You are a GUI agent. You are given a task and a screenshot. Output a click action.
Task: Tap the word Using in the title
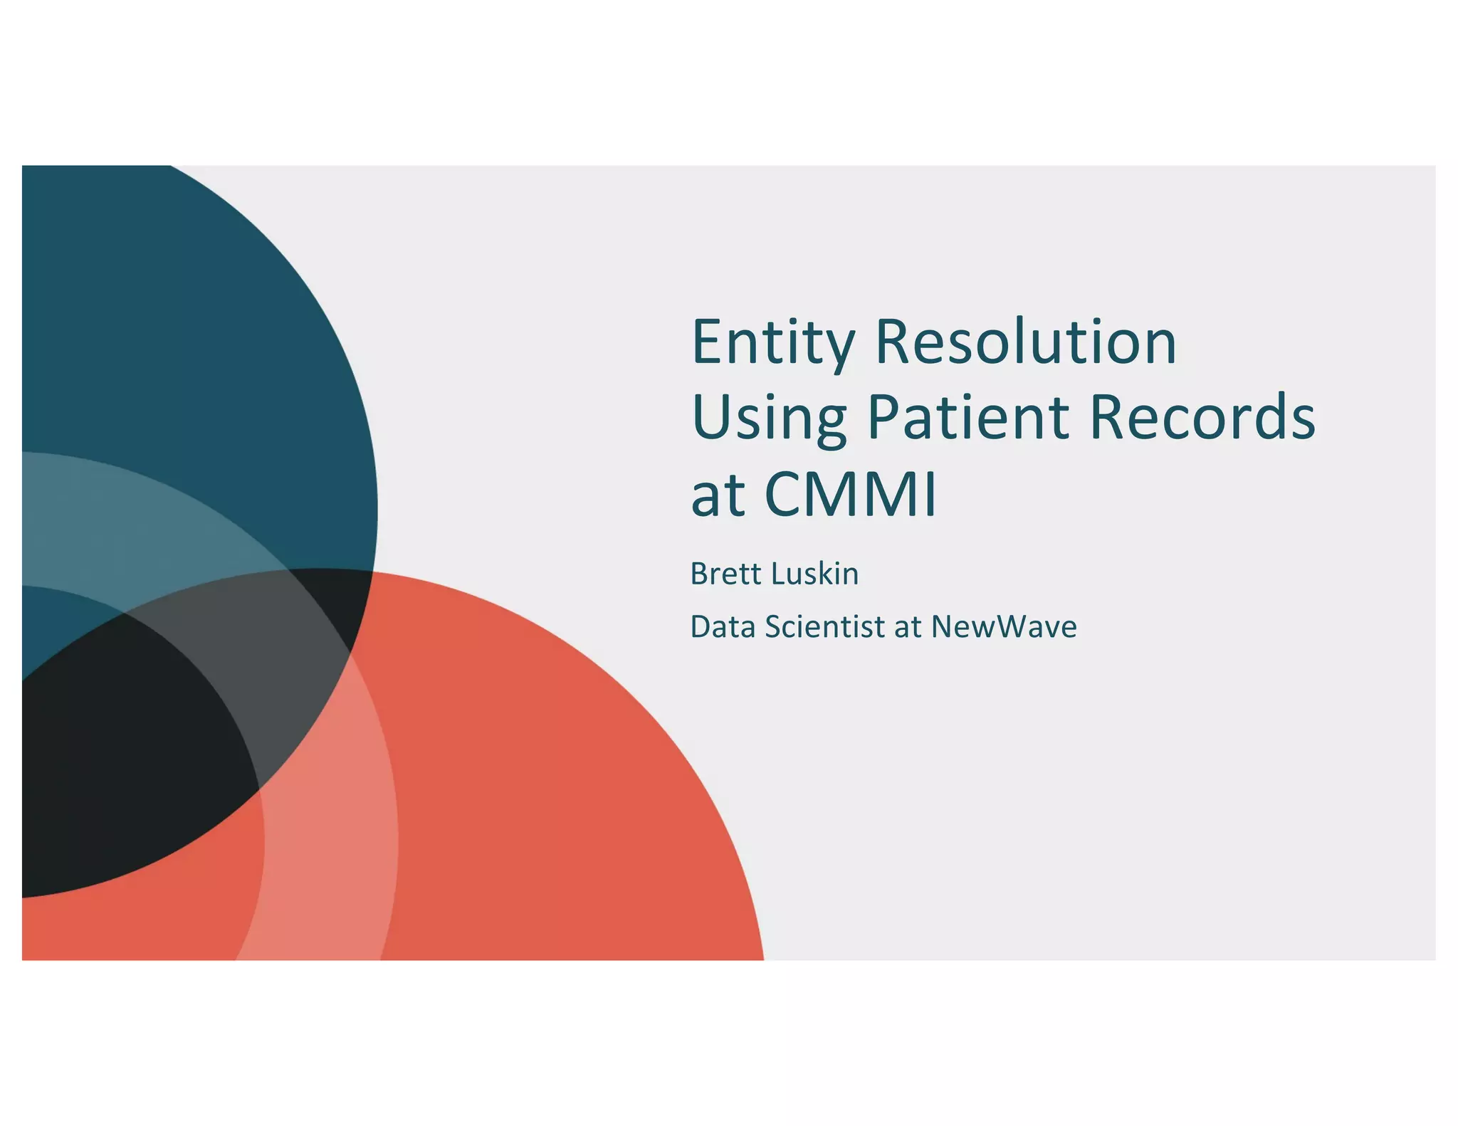point(769,418)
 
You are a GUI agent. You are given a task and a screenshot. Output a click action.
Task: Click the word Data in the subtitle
point(723,627)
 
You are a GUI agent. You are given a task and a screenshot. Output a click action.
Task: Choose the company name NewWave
point(1004,627)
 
